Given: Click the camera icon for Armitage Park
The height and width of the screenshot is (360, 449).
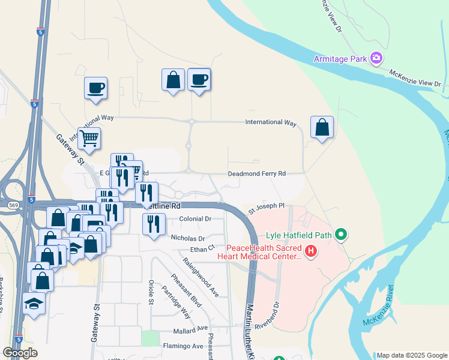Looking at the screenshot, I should point(376,58).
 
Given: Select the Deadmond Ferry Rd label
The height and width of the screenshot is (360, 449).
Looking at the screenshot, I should point(256,174).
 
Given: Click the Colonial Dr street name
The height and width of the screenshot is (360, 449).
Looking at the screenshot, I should point(195,220).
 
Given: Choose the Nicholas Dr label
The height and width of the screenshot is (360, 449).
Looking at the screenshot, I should point(188,238).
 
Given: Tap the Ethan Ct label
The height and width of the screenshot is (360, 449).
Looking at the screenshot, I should point(202,248).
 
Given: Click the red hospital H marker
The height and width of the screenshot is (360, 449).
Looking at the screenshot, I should point(310,251).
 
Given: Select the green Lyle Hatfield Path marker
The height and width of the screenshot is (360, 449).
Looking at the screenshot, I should point(342,234).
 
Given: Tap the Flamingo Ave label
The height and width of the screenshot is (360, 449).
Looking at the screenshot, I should point(183,346).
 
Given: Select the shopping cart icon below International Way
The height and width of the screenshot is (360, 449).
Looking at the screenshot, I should point(89,138).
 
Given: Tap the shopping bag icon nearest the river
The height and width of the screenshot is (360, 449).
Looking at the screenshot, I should point(322,127).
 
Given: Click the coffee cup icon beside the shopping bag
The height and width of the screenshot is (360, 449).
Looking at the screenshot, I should point(199,79).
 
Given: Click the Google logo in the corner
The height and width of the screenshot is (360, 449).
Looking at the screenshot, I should point(20,353).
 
